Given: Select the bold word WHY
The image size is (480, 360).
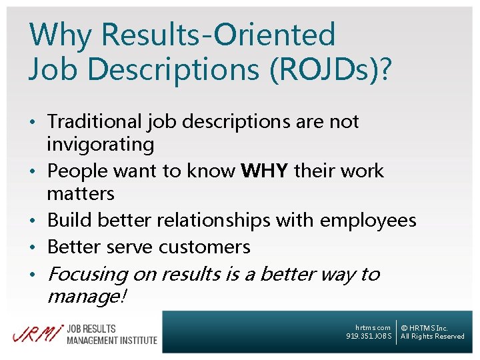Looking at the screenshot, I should pyautogui.click(x=265, y=171).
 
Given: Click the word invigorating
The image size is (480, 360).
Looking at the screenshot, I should pyautogui.click(x=100, y=145).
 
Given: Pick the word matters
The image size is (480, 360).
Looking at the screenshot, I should pyautogui.click(x=81, y=194).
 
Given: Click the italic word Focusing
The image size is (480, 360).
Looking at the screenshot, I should pyautogui.click(x=87, y=275).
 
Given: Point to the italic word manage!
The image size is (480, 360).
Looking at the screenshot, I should pyautogui.click(x=86, y=297).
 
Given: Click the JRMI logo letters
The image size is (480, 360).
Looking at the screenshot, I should pyautogui.click(x=35, y=335).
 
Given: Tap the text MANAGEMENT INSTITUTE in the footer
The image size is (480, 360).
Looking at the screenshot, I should pyautogui.click(x=112, y=341).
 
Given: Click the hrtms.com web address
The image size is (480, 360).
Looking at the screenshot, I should pyautogui.click(x=373, y=327).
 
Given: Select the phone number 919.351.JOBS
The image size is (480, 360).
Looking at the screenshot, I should pyautogui.click(x=369, y=337).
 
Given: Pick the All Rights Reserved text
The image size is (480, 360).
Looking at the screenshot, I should pyautogui.click(x=433, y=337).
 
